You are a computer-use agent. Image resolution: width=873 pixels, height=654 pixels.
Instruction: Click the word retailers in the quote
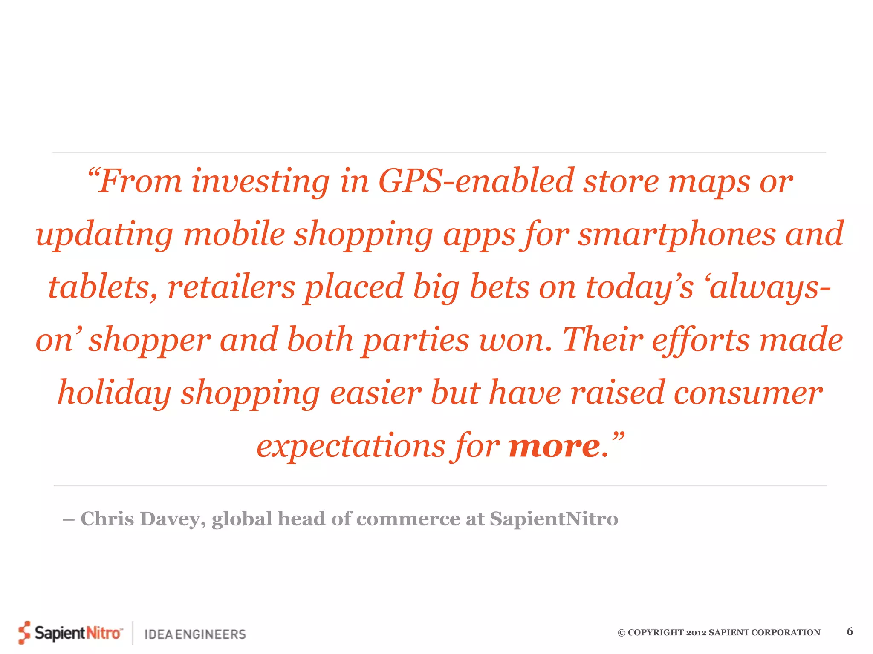pos(231,287)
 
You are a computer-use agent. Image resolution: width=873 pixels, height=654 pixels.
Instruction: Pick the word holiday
pos(114,393)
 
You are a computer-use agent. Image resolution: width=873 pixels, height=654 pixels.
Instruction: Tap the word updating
pos(104,235)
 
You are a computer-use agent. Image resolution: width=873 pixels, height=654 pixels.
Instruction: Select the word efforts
pos(700,340)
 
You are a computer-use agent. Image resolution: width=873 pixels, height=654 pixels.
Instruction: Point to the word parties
pos(416,340)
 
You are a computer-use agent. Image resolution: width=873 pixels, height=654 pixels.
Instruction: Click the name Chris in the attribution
pos(107,519)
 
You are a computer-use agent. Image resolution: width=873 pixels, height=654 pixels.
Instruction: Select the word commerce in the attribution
pos(408,519)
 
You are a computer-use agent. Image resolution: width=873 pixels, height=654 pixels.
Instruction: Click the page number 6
pos(850,631)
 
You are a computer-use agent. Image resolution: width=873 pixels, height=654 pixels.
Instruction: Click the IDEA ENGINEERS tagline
pos(195,634)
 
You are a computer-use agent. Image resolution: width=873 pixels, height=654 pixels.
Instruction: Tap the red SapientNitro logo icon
pos(25,633)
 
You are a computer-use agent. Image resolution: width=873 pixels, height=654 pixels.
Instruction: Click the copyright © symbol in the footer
pos(622,633)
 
